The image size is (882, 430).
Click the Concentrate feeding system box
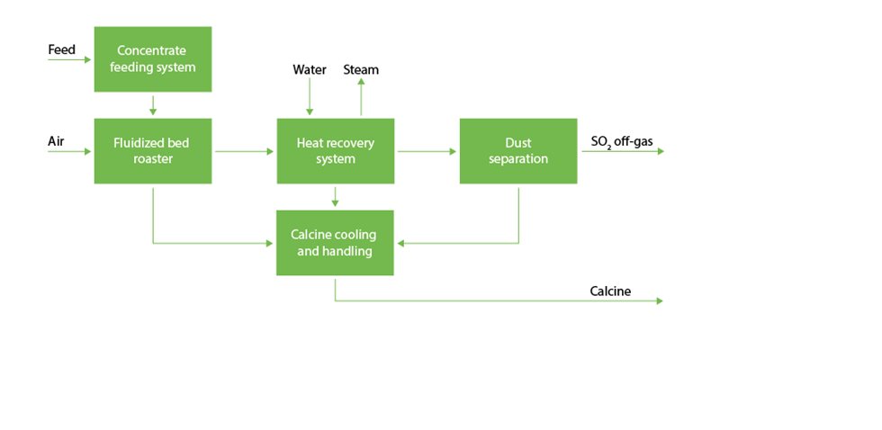(153, 58)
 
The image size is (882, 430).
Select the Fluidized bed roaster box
(153, 151)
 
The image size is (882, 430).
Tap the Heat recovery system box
(335, 151)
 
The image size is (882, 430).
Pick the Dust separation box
(518, 151)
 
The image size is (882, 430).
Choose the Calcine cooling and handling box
(335, 243)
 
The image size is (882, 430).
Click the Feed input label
(61, 50)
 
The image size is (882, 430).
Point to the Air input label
(56, 142)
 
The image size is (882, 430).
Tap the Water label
(310, 70)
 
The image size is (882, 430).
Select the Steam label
(361, 70)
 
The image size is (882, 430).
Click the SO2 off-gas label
(621, 142)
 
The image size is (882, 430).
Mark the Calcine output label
(610, 291)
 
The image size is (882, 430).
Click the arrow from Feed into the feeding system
(70, 60)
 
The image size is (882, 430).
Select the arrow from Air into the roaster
(70, 151)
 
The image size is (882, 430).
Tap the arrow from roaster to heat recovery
(244, 151)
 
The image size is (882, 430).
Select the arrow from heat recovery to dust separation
(427, 151)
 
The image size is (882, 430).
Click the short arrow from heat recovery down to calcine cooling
(335, 196)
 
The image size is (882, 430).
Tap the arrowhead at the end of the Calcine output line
(659, 300)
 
